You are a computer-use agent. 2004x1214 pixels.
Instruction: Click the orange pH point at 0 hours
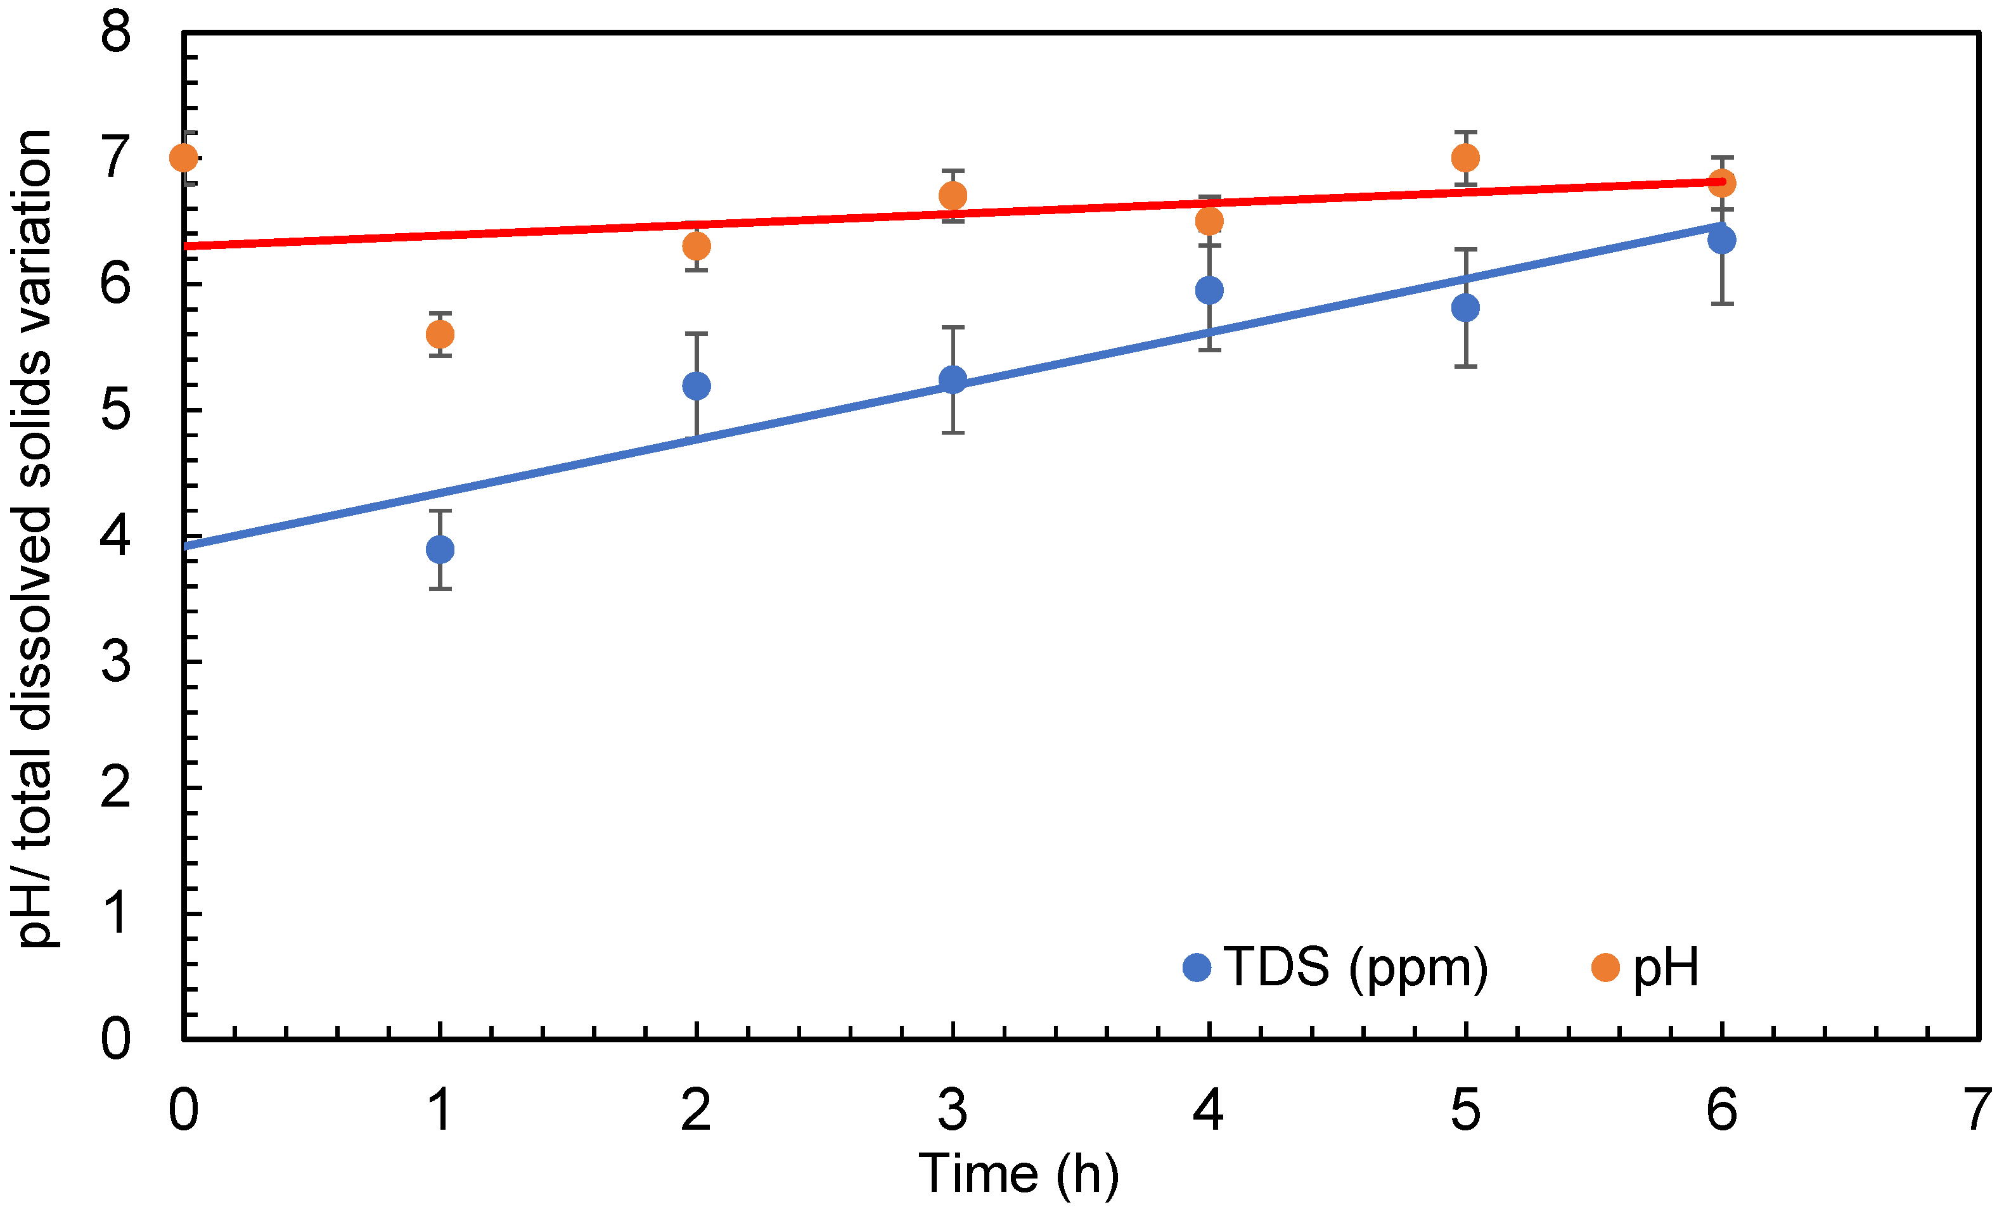pos(184,157)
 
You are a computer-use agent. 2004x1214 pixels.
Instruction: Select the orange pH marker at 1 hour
pos(440,334)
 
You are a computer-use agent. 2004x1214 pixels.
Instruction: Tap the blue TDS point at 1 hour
pos(440,550)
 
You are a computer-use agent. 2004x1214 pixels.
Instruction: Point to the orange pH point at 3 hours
pos(953,196)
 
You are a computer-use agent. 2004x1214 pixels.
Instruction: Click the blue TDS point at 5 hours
pos(1465,308)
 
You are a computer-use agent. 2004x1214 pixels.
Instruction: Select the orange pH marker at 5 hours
pos(1465,158)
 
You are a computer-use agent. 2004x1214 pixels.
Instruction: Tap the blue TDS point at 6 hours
pos(1722,240)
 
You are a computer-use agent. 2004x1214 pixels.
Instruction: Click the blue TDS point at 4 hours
pos(1209,290)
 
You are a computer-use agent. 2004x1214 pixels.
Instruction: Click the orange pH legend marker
pos(1605,968)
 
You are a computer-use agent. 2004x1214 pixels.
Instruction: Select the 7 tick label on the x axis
pos(1978,1110)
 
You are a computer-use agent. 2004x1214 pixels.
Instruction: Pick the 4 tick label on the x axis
pos(1209,1110)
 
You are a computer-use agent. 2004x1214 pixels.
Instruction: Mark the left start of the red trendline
pos(187,246)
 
